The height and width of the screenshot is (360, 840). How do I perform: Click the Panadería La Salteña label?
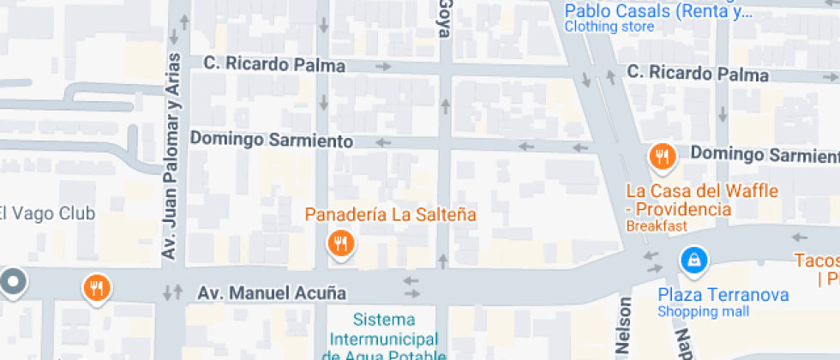tap(390, 214)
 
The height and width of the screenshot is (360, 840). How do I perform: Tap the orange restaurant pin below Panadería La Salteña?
tap(340, 243)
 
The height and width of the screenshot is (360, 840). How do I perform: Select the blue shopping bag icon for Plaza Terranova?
tap(693, 258)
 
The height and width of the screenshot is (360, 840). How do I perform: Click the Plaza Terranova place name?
tap(723, 295)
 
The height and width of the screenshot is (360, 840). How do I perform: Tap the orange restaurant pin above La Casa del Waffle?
tap(661, 157)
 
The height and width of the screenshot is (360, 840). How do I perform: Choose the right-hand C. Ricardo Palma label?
tap(697, 75)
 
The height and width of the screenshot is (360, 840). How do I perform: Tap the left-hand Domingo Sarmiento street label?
tap(271, 139)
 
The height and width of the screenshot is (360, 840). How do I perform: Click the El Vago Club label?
tap(46, 213)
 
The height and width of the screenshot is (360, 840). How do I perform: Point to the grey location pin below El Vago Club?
tap(12, 281)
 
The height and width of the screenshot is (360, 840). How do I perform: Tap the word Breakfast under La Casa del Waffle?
tap(657, 226)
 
